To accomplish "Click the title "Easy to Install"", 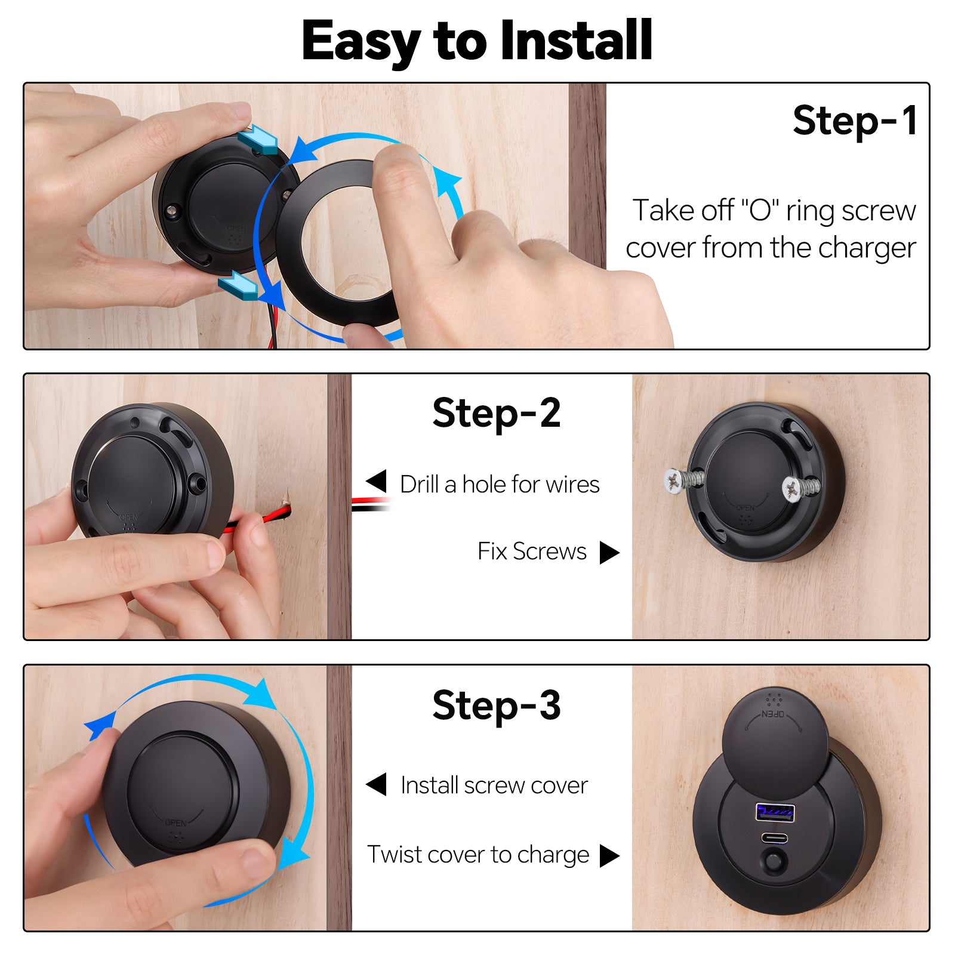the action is click(x=477, y=41).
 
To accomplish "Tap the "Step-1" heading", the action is click(x=855, y=121).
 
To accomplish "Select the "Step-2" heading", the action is click(x=497, y=413).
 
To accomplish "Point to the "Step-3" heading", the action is click(x=497, y=706).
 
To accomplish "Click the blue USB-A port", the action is click(x=775, y=812).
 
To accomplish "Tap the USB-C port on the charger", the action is click(x=775, y=838).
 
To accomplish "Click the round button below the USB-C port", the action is click(x=774, y=862).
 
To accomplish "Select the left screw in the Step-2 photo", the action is click(x=683, y=480).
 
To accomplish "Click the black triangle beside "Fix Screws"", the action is click(x=609, y=552).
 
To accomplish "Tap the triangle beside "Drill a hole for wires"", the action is click(x=376, y=481).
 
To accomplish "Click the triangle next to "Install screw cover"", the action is click(x=376, y=784).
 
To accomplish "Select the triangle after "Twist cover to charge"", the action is click(x=609, y=855).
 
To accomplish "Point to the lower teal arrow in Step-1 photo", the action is click(x=238, y=285).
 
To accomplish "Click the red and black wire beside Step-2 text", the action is click(x=371, y=504).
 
